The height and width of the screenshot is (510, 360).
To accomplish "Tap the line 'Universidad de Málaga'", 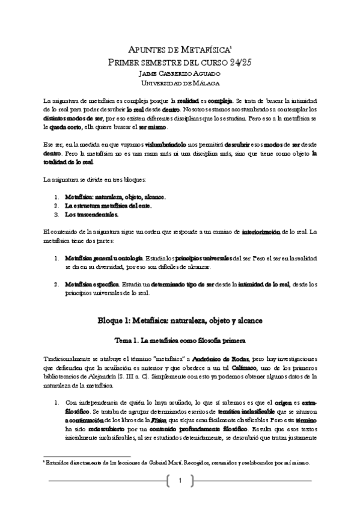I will [180, 84].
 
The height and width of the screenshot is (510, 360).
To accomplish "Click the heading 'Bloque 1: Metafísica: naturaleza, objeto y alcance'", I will [180, 320].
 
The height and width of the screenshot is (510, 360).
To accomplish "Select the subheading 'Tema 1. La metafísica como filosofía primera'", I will [180, 339].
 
